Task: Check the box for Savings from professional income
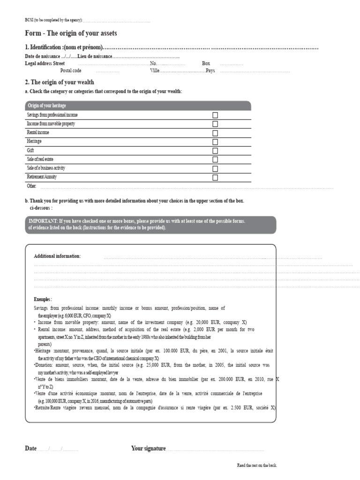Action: tap(215, 115)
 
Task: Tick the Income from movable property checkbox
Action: tap(215, 124)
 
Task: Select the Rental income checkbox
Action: tap(215, 133)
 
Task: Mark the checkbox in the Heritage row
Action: tap(215, 142)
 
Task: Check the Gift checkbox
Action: tap(215, 150)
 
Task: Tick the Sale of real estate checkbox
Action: tap(215, 159)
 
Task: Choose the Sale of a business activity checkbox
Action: tap(215, 168)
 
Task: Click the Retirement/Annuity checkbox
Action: tap(215, 177)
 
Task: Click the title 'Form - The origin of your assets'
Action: tap(71, 33)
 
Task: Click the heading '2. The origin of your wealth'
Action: tap(60, 82)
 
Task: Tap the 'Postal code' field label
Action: tap(71, 70)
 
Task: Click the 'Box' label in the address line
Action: tap(206, 63)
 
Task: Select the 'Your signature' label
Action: tap(149, 449)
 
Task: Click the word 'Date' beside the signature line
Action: tap(30, 449)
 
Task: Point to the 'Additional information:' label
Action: tap(57, 256)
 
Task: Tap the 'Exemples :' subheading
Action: tap(43, 299)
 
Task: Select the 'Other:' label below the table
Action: tap(32, 186)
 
